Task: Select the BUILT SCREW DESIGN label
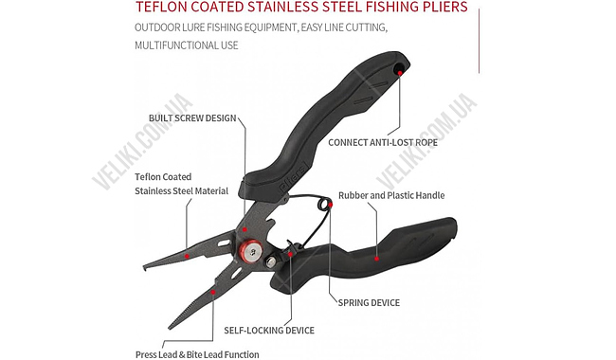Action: (x=192, y=118)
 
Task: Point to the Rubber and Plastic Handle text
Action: (x=390, y=195)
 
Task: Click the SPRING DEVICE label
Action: (x=369, y=302)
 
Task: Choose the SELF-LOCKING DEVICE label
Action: (x=268, y=331)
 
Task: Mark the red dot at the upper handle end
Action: (x=400, y=72)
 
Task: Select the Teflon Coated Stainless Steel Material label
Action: (x=181, y=183)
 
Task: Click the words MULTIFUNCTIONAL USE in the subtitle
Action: (x=185, y=45)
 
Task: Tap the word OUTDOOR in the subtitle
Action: (x=155, y=27)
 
